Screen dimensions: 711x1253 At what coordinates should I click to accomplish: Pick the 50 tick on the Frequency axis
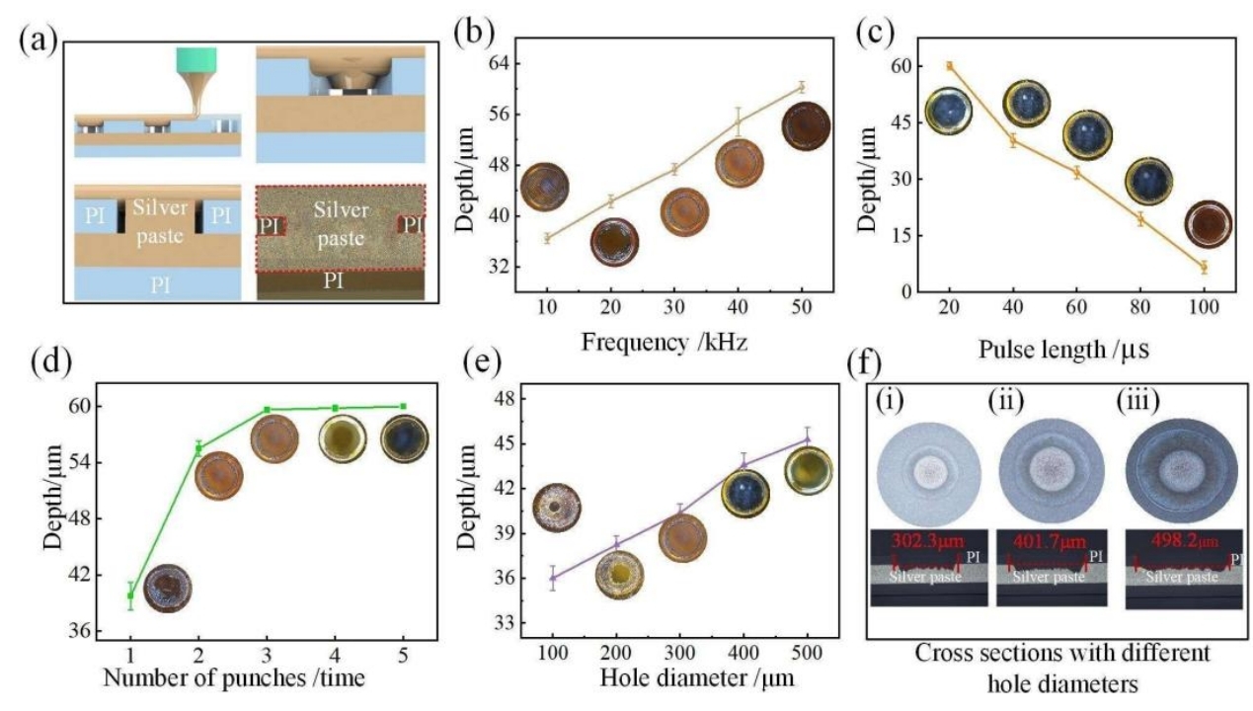point(802,307)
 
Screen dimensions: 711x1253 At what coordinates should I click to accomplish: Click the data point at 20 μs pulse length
point(949,66)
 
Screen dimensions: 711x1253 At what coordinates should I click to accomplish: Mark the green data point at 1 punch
point(130,594)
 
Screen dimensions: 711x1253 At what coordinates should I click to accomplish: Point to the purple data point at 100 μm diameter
point(553,578)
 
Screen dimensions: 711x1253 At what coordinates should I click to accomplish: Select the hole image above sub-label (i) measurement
point(927,468)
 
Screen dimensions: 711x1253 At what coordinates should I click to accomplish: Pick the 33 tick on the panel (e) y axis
point(513,623)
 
